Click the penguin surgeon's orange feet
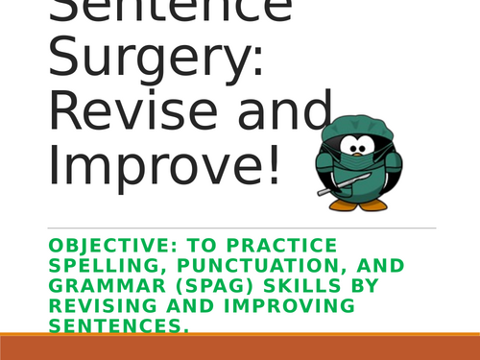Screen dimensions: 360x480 point(370,203)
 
